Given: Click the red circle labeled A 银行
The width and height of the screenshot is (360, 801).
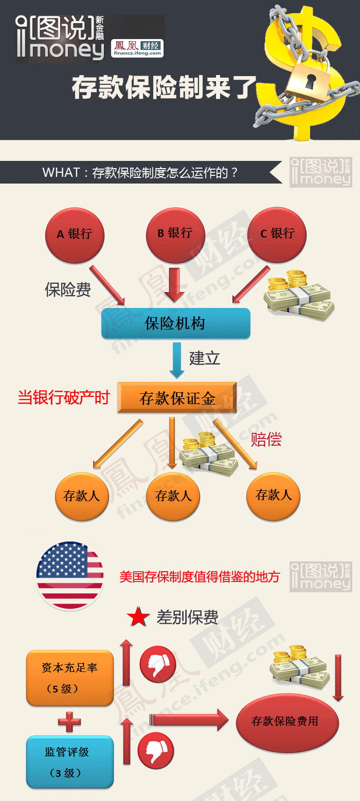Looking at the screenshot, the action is pyautogui.click(x=75, y=234).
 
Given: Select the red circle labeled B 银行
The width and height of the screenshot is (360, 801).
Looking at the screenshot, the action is pyautogui.click(x=175, y=233).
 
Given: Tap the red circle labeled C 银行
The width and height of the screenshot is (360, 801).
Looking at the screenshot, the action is pyautogui.click(x=278, y=234).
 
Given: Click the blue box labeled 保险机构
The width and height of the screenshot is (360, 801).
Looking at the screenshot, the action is pyautogui.click(x=175, y=323).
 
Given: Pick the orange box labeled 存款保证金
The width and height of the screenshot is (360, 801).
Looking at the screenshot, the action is pyautogui.click(x=177, y=398).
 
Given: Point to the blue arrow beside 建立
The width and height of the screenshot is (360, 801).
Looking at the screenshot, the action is pyautogui.click(x=177, y=360).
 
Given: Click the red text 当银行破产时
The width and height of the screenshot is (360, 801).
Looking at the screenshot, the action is pyautogui.click(x=64, y=397).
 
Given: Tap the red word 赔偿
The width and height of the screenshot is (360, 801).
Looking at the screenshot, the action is pyautogui.click(x=266, y=439).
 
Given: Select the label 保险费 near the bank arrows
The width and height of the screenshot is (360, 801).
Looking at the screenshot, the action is pyautogui.click(x=68, y=290).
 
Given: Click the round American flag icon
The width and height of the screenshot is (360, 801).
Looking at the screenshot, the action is pyautogui.click(x=69, y=576).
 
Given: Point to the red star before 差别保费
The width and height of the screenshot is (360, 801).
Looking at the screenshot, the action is pyautogui.click(x=138, y=617).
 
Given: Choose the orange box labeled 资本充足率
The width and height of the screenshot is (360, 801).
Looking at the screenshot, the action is pyautogui.click(x=69, y=677).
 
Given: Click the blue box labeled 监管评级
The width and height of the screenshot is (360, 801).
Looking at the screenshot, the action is pyautogui.click(x=69, y=761).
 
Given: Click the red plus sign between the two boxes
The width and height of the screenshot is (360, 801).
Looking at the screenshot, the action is pyautogui.click(x=69, y=721).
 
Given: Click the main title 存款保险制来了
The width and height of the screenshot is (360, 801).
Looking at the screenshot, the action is pyautogui.click(x=164, y=87).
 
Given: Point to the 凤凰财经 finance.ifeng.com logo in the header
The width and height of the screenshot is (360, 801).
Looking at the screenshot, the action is pyautogui.click(x=137, y=48).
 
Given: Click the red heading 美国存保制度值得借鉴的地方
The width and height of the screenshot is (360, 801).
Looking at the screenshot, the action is pyautogui.click(x=200, y=577).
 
